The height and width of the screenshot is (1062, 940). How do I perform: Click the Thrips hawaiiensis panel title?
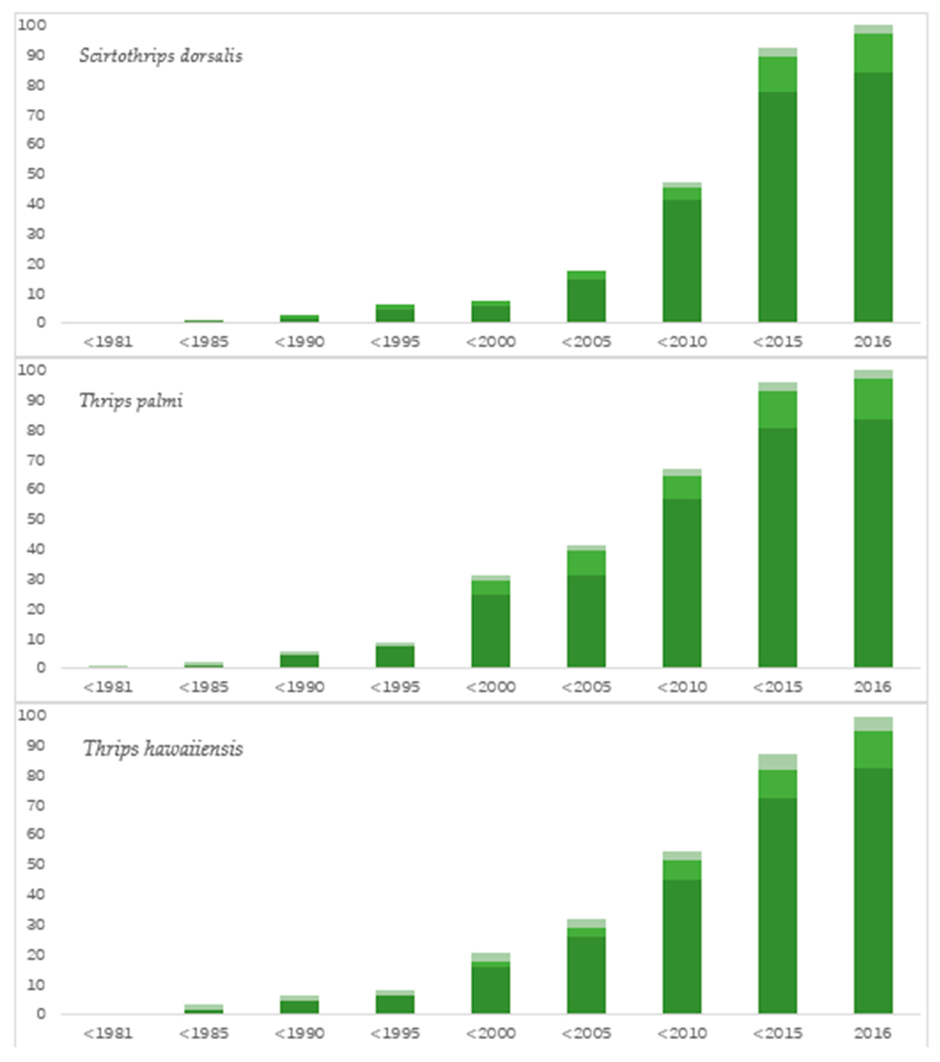coord(163,749)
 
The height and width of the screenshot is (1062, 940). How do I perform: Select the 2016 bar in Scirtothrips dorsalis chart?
coord(873,177)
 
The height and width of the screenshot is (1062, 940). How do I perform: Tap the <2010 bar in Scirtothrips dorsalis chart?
coord(682,255)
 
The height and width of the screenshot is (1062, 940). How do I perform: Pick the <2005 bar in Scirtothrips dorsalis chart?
coord(586,297)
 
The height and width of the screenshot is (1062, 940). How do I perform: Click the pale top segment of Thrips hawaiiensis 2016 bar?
coord(873,724)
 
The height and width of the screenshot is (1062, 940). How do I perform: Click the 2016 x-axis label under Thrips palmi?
coord(873,687)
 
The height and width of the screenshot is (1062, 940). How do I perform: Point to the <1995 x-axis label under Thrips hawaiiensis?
coord(395,1033)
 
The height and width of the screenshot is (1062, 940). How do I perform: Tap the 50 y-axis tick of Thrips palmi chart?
coord(36,519)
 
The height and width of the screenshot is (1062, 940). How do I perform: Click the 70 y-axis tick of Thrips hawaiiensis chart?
coord(36,805)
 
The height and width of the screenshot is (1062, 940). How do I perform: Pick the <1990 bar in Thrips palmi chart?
coord(299,660)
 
